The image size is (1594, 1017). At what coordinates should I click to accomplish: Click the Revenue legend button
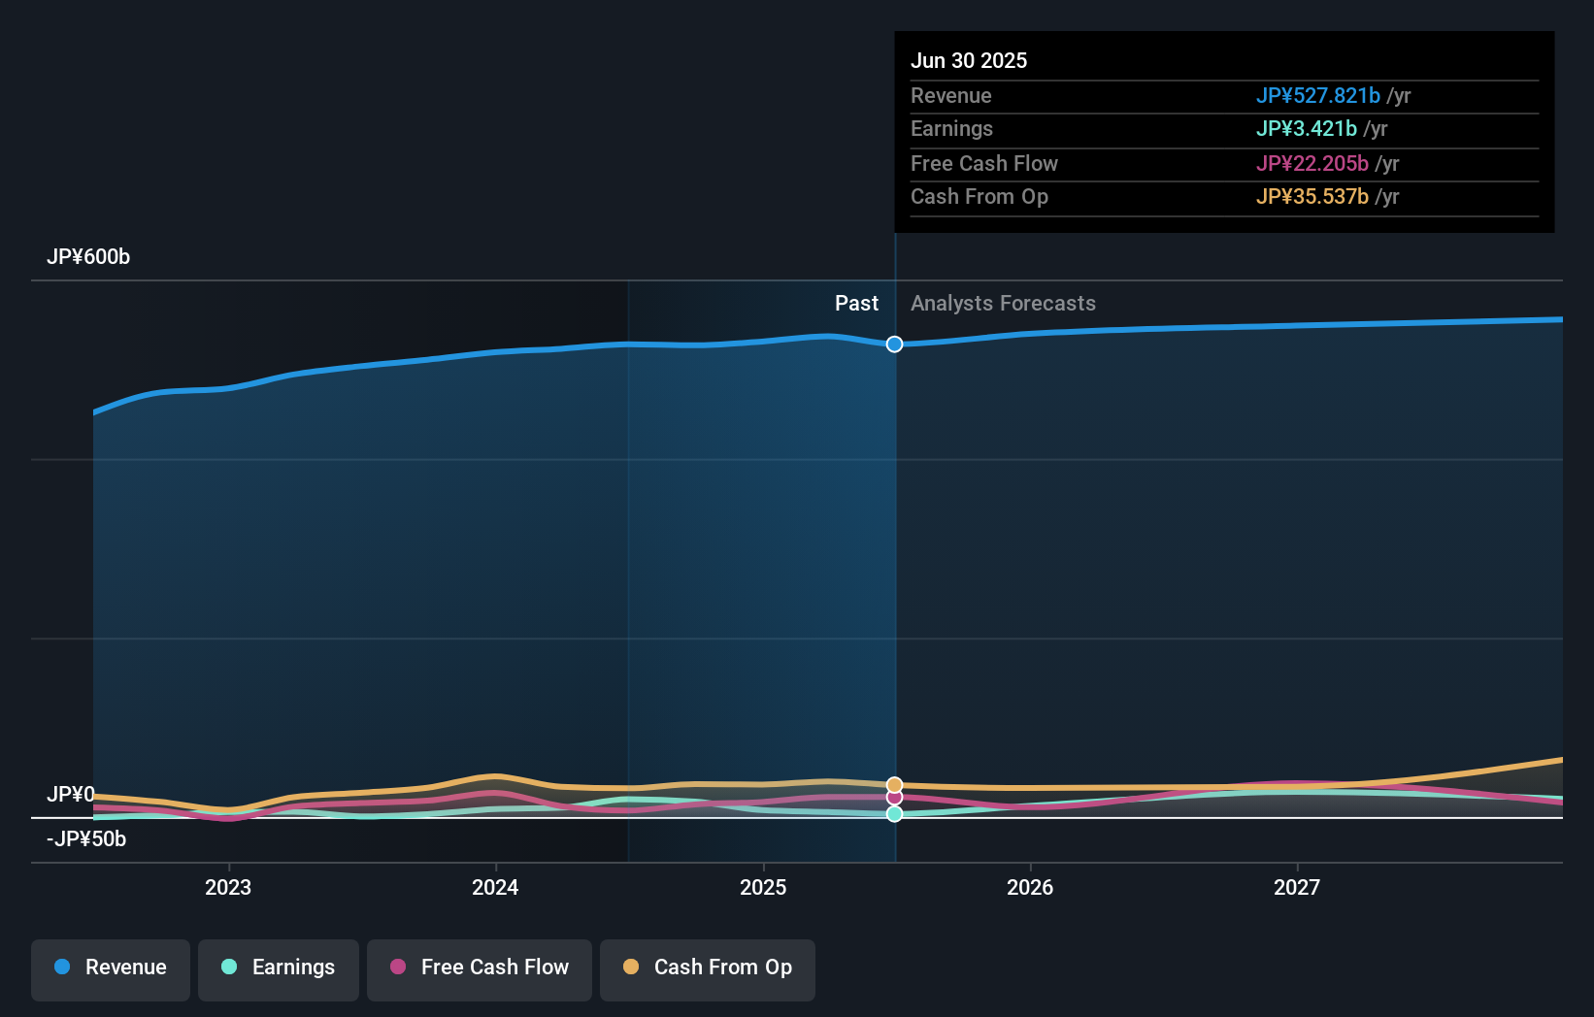coord(111,968)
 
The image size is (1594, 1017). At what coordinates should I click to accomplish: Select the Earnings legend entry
coord(279,968)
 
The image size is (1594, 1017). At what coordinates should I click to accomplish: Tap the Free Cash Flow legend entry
coord(480,968)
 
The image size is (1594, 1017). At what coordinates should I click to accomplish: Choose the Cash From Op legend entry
coord(708,968)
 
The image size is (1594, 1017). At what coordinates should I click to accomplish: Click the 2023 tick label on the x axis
coord(228,887)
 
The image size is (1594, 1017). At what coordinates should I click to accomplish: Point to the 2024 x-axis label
coord(495,887)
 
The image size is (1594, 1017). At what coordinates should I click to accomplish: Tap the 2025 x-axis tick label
coord(763,887)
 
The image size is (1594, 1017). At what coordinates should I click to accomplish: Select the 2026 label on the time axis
coord(1030,887)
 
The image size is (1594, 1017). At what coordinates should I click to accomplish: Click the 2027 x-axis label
coord(1297,887)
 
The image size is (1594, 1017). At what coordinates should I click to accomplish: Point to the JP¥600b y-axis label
coord(88,257)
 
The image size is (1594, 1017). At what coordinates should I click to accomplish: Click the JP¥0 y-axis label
coord(71,795)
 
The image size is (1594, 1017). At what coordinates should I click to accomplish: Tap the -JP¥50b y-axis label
coord(86,839)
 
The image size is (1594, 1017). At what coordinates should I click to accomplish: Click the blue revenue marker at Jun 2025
coord(894,344)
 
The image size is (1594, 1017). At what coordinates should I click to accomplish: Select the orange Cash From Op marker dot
coord(894,784)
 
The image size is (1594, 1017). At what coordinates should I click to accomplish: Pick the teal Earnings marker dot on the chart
coord(894,814)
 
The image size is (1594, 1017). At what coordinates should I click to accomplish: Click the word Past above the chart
coord(856,304)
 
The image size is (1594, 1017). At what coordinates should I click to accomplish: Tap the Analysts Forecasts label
coord(1003,304)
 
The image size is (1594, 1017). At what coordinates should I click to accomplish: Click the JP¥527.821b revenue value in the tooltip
coord(1317,96)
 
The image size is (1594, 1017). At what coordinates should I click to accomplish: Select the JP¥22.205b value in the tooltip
coord(1312,164)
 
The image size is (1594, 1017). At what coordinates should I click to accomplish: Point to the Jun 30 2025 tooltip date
coord(969,61)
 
